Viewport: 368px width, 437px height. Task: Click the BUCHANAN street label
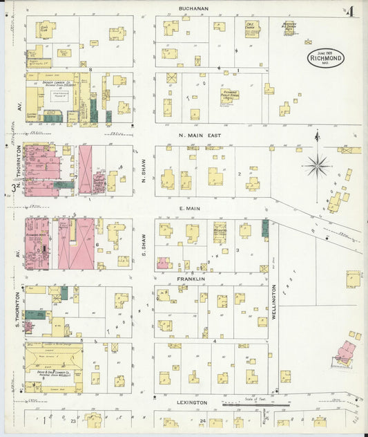(x=193, y=8)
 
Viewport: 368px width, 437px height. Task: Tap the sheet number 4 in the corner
(x=351, y=11)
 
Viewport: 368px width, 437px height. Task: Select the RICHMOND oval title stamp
(x=325, y=58)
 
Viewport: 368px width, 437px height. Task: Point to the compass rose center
(x=317, y=165)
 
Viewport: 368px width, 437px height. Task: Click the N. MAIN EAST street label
(x=200, y=136)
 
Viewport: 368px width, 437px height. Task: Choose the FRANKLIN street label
(x=191, y=279)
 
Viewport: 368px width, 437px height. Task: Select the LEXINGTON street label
(x=191, y=402)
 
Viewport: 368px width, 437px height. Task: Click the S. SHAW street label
(x=144, y=241)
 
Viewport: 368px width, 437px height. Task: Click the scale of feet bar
(x=255, y=405)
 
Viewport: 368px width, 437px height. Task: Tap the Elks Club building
(x=46, y=30)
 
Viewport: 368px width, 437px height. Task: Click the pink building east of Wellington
(x=345, y=353)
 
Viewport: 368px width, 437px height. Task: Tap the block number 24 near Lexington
(x=203, y=420)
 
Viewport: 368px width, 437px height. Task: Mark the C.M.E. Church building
(x=252, y=30)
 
